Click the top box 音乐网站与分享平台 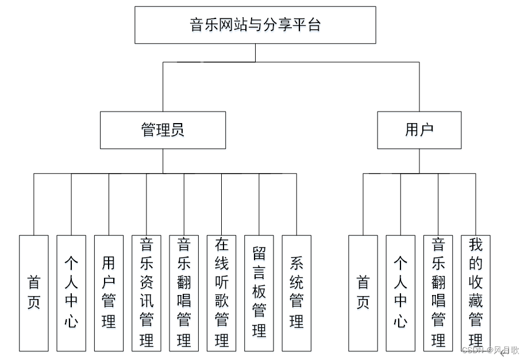(x=255, y=25)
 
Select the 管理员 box (x=163, y=130)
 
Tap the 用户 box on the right (x=419, y=130)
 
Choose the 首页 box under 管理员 (x=34, y=293)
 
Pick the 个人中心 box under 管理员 (x=71, y=293)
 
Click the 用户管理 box (x=109, y=293)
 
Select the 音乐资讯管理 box (x=147, y=293)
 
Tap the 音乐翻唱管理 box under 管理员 (x=184, y=293)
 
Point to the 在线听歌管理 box (x=222, y=293)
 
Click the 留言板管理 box (x=259, y=293)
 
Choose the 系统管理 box (x=296, y=293)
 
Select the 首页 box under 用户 (x=363, y=293)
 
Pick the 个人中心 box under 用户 (x=400, y=293)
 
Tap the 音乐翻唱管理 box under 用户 (x=438, y=293)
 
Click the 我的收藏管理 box (x=476, y=293)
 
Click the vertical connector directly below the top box (x=255, y=52)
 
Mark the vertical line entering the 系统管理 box (x=296, y=204)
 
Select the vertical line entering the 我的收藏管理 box (x=476, y=204)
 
